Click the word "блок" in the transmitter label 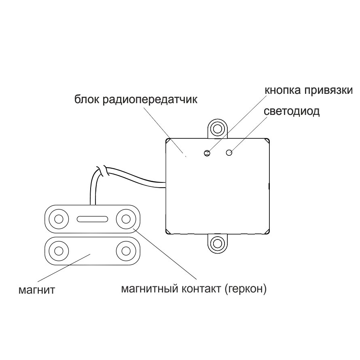pos(87,100)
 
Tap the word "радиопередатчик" pos(150,100)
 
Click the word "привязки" pos(328,90)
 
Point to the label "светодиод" pos(292,111)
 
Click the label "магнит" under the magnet pos(37,290)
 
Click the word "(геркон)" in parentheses pos(246,289)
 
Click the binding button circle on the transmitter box pos(207,153)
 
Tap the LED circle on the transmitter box pos(229,152)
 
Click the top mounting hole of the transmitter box pos(218,129)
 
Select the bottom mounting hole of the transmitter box pos(218,243)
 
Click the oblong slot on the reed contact pos(92,219)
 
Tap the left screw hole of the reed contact pos(59,219)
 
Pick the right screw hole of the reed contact pos(126,219)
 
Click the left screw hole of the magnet pos(59,251)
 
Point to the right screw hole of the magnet pos(126,251)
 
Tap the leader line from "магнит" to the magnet pos(64,268)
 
